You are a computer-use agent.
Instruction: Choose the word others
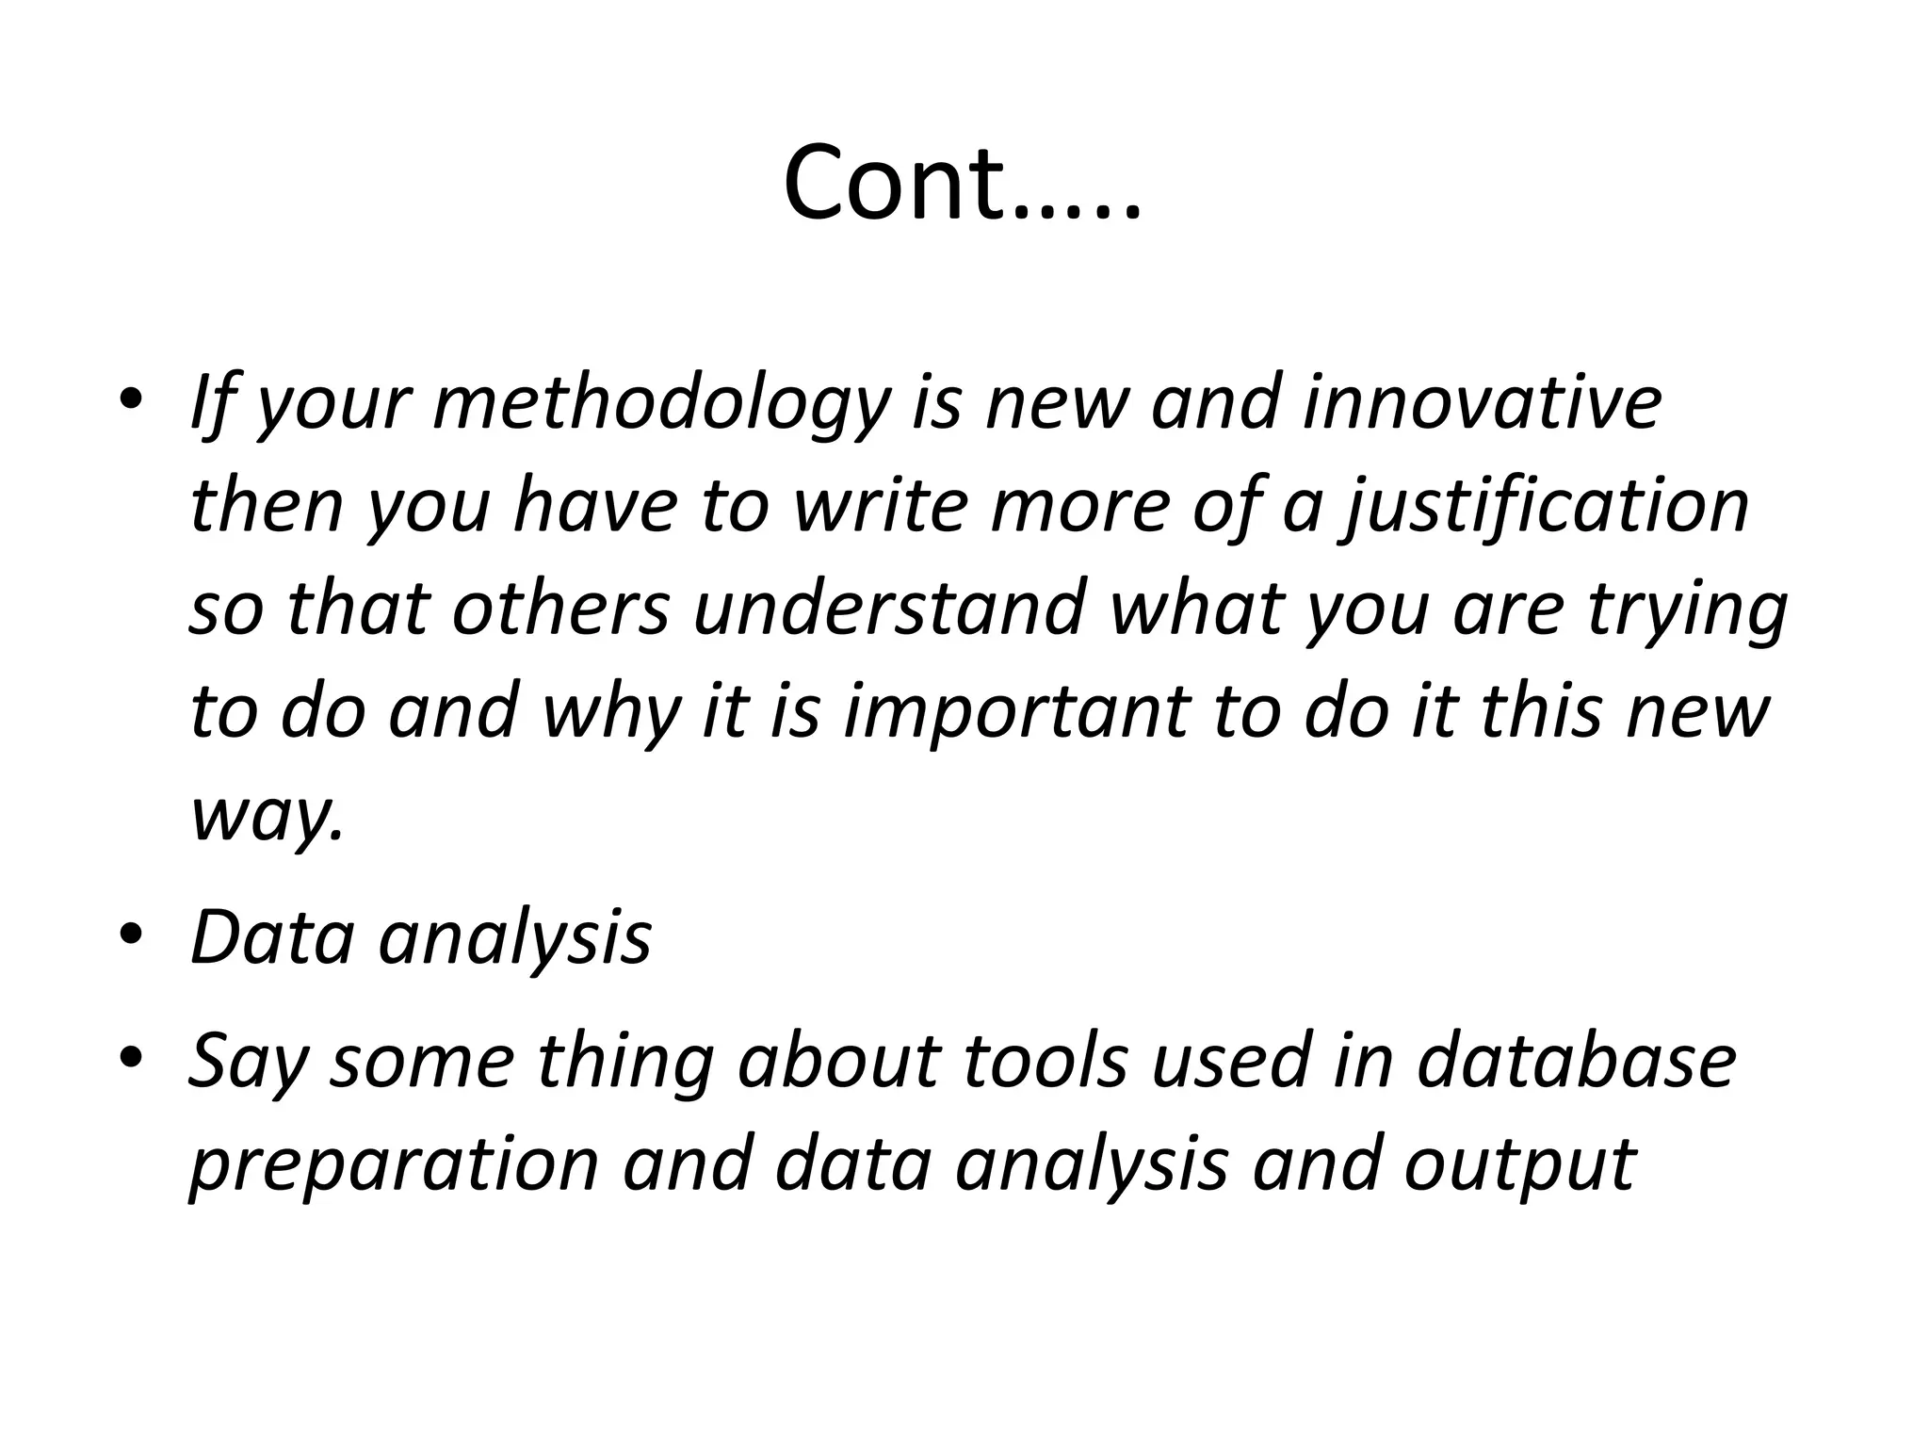coord(560,608)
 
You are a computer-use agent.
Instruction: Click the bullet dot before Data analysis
coord(131,934)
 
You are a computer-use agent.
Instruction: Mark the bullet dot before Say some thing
coord(131,1056)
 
